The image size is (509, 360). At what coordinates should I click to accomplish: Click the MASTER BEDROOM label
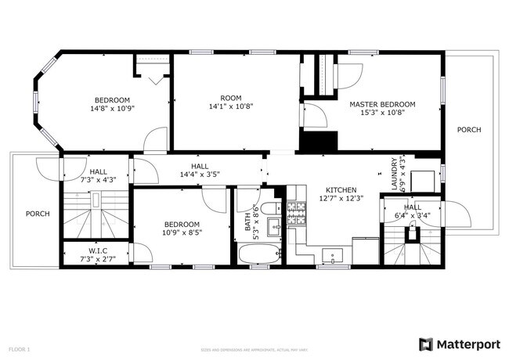point(382,104)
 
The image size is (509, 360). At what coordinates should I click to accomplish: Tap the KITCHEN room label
point(341,190)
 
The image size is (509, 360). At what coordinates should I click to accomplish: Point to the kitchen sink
point(333,254)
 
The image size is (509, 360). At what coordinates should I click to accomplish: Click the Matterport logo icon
point(426,344)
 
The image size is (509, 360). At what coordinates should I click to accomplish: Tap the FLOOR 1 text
point(20,348)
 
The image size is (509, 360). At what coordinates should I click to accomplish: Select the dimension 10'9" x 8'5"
point(182,232)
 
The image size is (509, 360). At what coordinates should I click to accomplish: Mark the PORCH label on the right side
point(469,130)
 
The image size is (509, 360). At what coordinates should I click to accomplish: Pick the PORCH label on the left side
point(38,214)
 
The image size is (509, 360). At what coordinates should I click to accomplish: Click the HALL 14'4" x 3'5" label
point(200,170)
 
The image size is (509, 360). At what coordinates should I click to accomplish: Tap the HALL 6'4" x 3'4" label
point(412,211)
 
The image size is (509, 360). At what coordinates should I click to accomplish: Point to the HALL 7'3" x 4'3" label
point(99,176)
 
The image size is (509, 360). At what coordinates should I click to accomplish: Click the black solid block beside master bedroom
point(319,142)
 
